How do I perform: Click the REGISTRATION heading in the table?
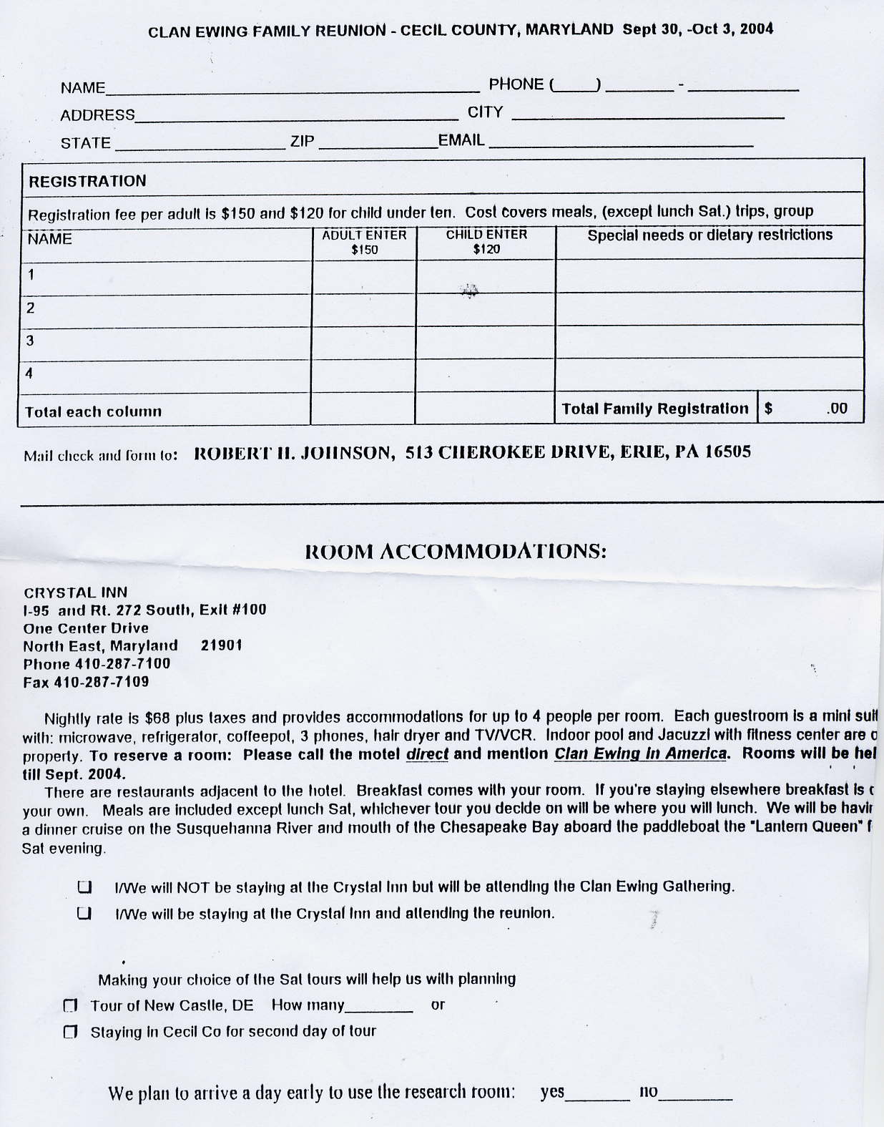point(87,181)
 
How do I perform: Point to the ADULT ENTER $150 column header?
point(364,242)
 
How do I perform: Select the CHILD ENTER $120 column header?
point(486,242)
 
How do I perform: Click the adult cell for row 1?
point(364,276)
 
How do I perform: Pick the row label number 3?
point(30,341)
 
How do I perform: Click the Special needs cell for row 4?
point(709,374)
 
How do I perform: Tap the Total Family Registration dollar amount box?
point(810,409)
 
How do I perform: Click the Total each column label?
point(93,411)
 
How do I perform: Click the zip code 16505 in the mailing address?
point(727,452)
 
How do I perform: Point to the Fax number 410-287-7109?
point(86,682)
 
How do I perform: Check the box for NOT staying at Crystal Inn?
point(84,887)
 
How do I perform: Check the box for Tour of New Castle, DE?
point(70,1006)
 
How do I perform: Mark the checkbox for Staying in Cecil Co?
point(70,1032)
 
